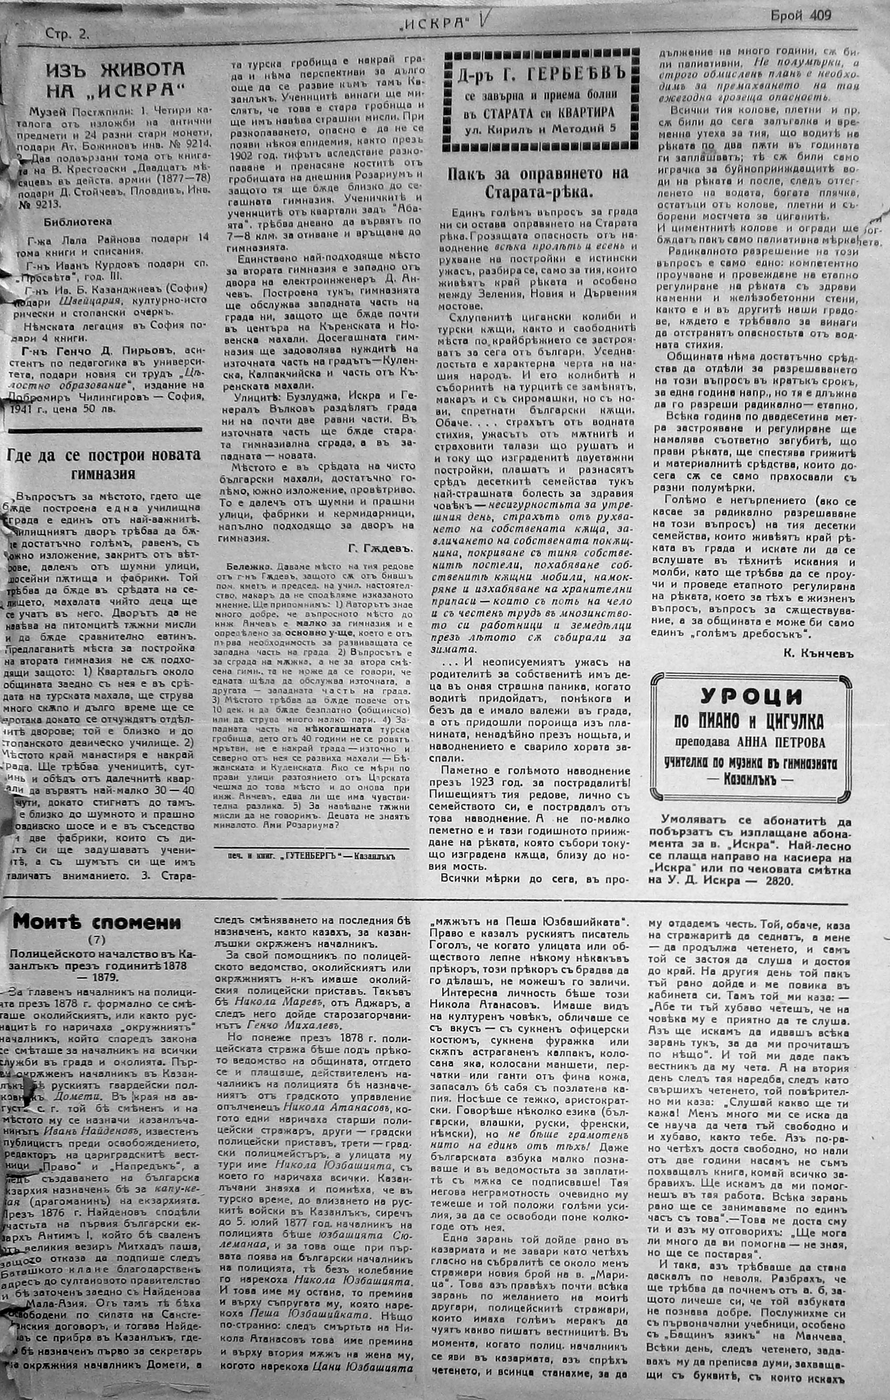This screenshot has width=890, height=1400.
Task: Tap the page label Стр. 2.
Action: [68, 34]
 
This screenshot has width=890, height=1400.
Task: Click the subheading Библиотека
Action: [77, 221]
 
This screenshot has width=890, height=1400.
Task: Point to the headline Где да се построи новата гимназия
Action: [104, 463]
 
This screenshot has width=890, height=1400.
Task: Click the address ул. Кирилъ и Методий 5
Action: [540, 129]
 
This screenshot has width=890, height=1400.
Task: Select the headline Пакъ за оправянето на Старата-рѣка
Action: [539, 183]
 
